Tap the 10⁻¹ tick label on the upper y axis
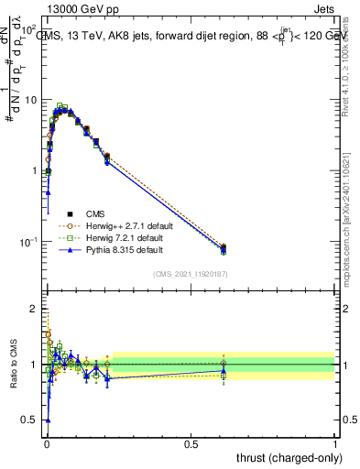pyautogui.click(x=29, y=242)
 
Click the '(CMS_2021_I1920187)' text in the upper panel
pyautogui.click(x=190, y=274)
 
